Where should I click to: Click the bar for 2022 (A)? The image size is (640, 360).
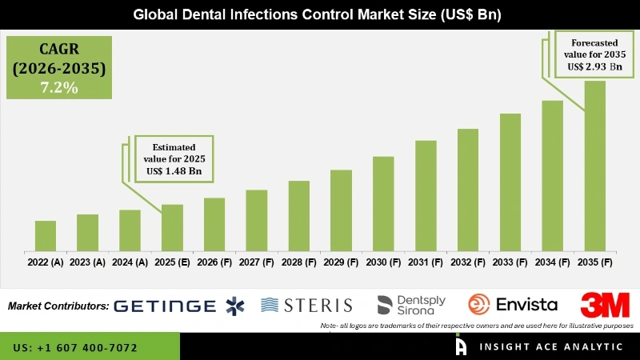coord(46,236)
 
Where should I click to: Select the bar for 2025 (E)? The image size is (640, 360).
coord(172,228)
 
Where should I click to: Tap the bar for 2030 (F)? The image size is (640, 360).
coord(383,204)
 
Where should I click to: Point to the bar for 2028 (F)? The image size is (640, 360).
coord(298,216)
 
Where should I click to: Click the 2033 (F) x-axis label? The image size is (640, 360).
coord(510,262)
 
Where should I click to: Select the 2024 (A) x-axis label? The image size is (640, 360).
coord(130,262)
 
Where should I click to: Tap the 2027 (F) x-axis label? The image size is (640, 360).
coord(256,262)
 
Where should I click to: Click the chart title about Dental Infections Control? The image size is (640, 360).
coord(320,14)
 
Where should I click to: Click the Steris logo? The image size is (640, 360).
coord(307,305)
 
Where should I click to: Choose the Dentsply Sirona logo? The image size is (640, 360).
coord(411,305)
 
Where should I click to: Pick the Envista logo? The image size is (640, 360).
coord(513,305)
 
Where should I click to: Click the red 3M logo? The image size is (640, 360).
coord(605,305)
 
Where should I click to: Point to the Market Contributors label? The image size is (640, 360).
coord(58,306)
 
